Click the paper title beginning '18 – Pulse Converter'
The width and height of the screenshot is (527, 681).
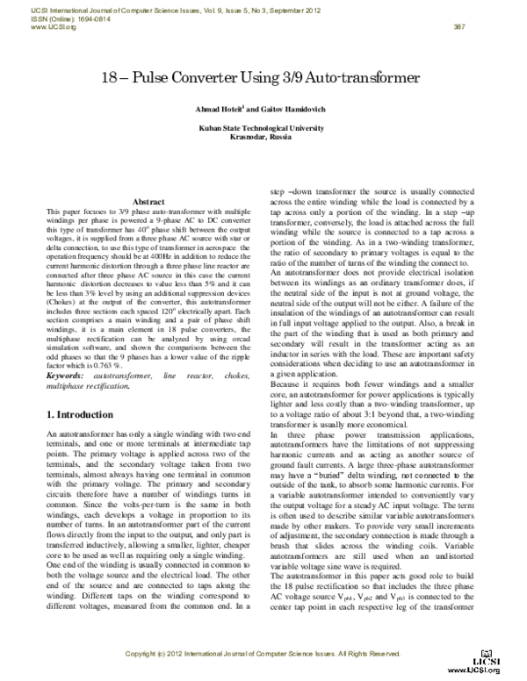click(263, 78)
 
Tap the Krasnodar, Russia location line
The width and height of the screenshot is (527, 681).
click(263, 137)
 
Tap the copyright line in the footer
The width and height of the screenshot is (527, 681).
click(263, 655)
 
